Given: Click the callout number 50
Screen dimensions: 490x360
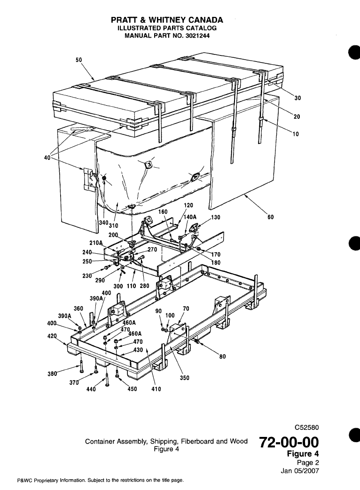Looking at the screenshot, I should [x=78, y=60].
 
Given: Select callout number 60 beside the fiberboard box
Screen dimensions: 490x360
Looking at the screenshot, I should [x=270, y=217].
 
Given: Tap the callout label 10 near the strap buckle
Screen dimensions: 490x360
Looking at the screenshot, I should [x=296, y=134].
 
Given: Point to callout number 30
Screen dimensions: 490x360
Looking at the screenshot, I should [x=297, y=98].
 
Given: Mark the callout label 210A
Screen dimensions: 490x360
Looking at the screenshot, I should [x=109, y=243].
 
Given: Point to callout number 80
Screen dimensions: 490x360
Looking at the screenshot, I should [x=223, y=357].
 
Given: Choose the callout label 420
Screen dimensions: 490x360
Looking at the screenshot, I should [x=57, y=336].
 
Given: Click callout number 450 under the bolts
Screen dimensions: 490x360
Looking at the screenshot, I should [x=133, y=389].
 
